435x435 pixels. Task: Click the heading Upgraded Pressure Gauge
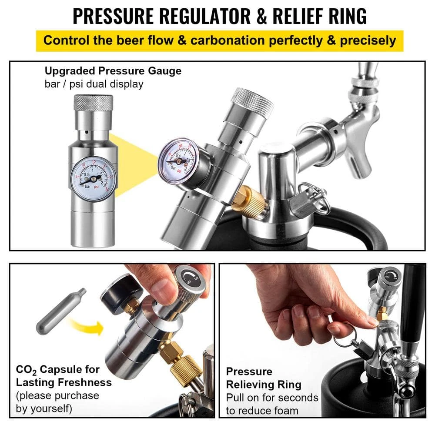[113, 71]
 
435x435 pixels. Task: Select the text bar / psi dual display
[94, 84]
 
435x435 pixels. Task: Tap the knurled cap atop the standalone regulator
[93, 102]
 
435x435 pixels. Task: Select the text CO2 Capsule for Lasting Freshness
[64, 376]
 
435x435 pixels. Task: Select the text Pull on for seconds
[272, 398]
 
